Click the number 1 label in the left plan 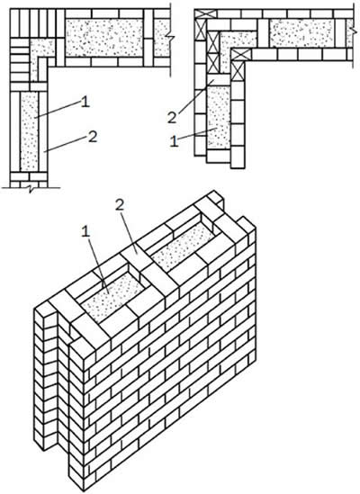(x=85, y=103)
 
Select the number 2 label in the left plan (x=93, y=137)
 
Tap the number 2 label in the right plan (x=172, y=118)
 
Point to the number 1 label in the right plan (x=175, y=142)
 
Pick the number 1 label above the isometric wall (x=85, y=232)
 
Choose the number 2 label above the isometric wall (x=120, y=205)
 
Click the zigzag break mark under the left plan (x=31, y=189)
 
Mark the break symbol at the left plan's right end (x=170, y=39)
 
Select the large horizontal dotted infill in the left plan (x=104, y=38)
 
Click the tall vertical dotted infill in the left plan (x=29, y=131)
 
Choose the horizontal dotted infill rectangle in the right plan (x=301, y=33)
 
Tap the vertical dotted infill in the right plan (x=219, y=117)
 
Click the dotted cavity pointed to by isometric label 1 (x=112, y=295)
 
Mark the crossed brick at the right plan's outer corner (x=200, y=13)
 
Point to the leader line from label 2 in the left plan (x=66, y=144)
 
